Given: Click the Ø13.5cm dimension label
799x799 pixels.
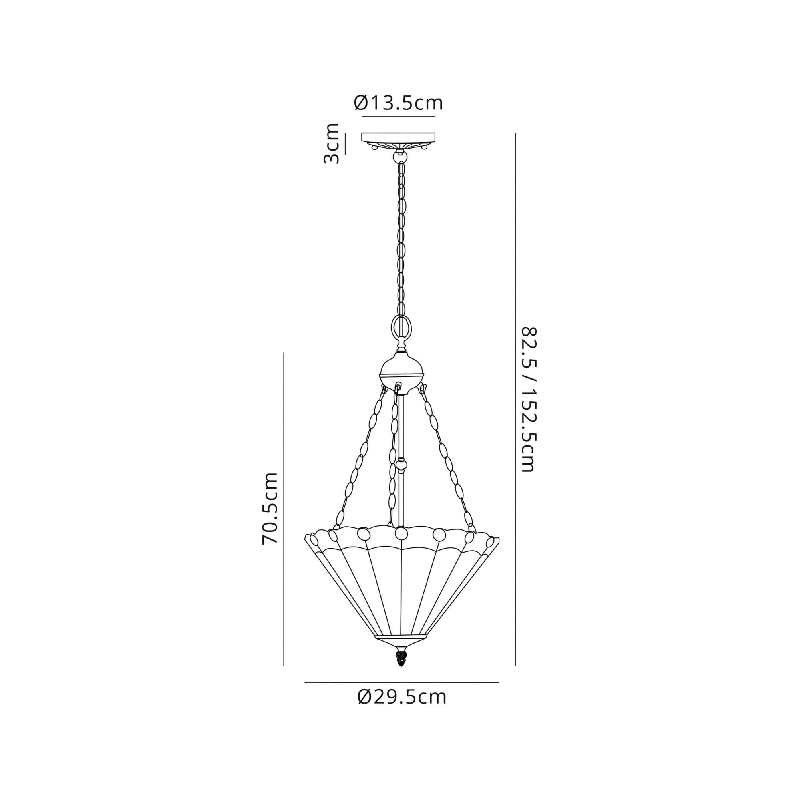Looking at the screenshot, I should pyautogui.click(x=398, y=103).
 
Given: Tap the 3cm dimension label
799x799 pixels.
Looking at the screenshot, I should pyautogui.click(x=332, y=143).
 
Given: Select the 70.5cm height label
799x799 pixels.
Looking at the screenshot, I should pyautogui.click(x=270, y=508).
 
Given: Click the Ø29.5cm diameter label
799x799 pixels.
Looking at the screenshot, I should pyautogui.click(x=402, y=697).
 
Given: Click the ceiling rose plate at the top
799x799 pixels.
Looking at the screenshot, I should pyautogui.click(x=399, y=137).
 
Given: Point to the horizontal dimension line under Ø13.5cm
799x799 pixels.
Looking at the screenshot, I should pyautogui.click(x=398, y=117).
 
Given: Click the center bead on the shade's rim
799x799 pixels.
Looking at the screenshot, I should pyautogui.click(x=401, y=533).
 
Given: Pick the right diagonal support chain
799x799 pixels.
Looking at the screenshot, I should pyautogui.click(x=447, y=459).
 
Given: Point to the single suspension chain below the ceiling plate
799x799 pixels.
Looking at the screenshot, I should pyautogui.click(x=401, y=240).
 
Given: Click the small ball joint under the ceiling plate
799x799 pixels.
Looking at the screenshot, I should pyautogui.click(x=399, y=157).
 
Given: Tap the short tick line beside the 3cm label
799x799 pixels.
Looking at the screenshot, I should pyautogui.click(x=345, y=143).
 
